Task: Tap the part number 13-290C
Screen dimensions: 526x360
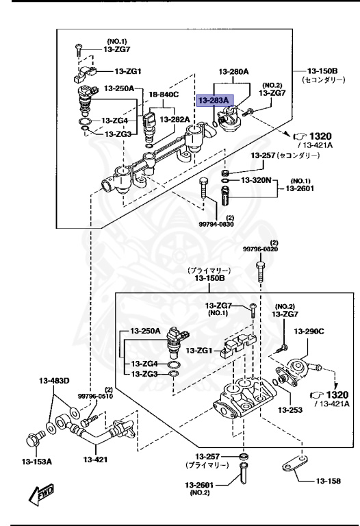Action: coord(309,331)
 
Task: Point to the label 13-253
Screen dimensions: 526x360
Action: coord(290,410)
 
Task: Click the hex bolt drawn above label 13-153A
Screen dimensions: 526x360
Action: coord(34,436)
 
